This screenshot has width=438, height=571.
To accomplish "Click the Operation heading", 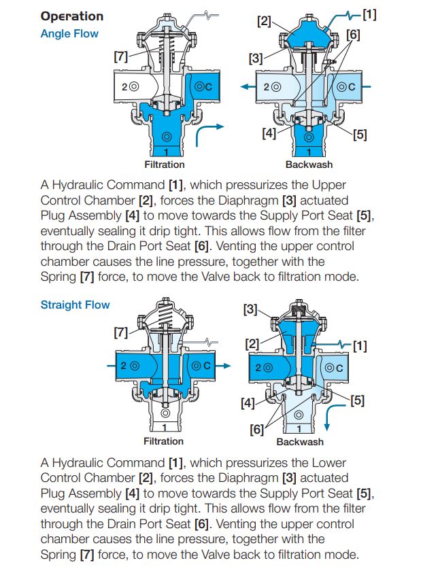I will pos(72,16).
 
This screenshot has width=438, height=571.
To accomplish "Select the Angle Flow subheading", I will pos(69,33).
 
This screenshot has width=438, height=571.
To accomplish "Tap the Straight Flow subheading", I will pos(75,305).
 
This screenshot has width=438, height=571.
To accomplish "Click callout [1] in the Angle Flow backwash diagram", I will pos(369,13).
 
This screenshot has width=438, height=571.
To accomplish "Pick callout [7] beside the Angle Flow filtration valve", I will pos(122,58).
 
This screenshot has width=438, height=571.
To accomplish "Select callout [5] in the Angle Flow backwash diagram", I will pos(359,134).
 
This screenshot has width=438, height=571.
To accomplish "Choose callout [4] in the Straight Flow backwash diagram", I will pos(248,402).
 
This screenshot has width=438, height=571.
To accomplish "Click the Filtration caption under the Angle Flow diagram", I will pos(164,165).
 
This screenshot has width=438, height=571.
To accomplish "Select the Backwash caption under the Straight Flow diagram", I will pos(300,442).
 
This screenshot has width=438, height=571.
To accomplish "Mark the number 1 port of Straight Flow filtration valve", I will pos(164,428).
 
